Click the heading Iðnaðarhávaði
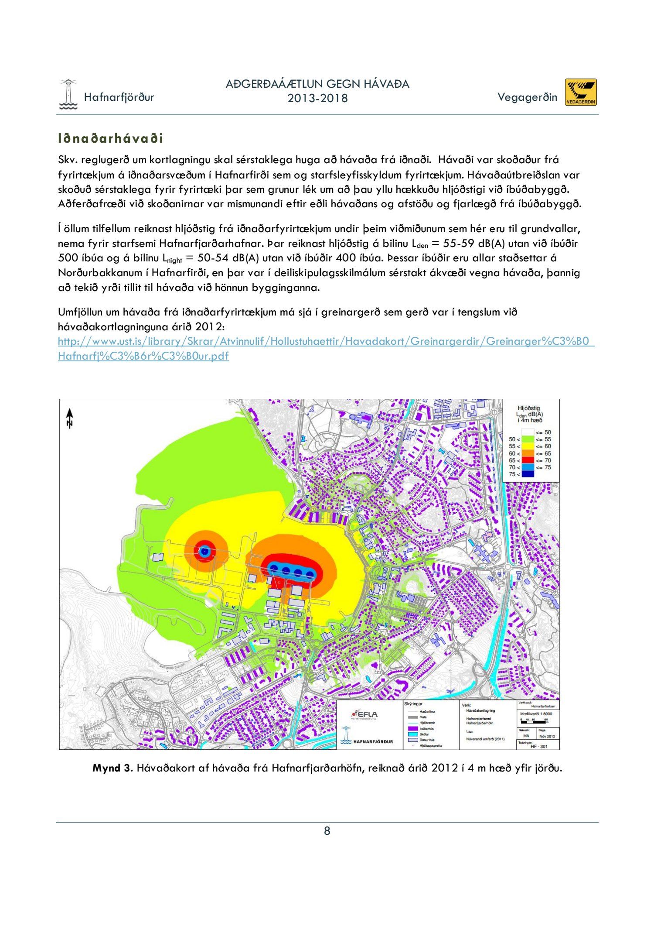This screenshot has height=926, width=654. [111, 139]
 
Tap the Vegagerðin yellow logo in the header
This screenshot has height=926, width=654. [581, 92]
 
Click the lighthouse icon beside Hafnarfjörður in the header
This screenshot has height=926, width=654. [68, 94]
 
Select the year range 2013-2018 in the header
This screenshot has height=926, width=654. [317, 99]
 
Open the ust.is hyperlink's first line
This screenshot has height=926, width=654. [326, 341]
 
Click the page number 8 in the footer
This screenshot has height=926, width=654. [327, 831]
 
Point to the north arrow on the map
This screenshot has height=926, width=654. [70, 418]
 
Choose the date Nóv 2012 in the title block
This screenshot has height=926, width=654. [547, 736]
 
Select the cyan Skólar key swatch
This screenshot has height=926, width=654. [412, 734]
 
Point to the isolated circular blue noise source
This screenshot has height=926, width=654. [204, 552]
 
